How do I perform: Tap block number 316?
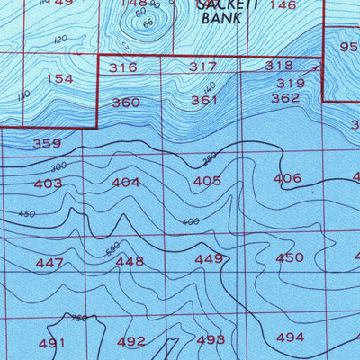tap(122, 67)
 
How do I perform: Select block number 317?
tap(203, 67)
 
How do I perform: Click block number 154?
tap(59, 79)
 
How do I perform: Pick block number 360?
tap(126, 103)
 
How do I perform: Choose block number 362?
tap(285, 98)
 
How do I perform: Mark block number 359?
tap(47, 144)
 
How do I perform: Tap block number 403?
tap(48, 184)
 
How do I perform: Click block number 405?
tap(207, 181)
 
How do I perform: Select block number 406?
tap(287, 178)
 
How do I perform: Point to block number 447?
tap(49, 263)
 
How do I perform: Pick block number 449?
tap(209, 259)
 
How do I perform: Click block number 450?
tap(290, 257)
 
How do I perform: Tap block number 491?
tap(52, 343)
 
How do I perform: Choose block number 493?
tap(211, 339)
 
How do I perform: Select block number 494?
tap(290, 337)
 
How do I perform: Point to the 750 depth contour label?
tap(79, 319)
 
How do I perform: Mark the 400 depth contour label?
tap(190, 221)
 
